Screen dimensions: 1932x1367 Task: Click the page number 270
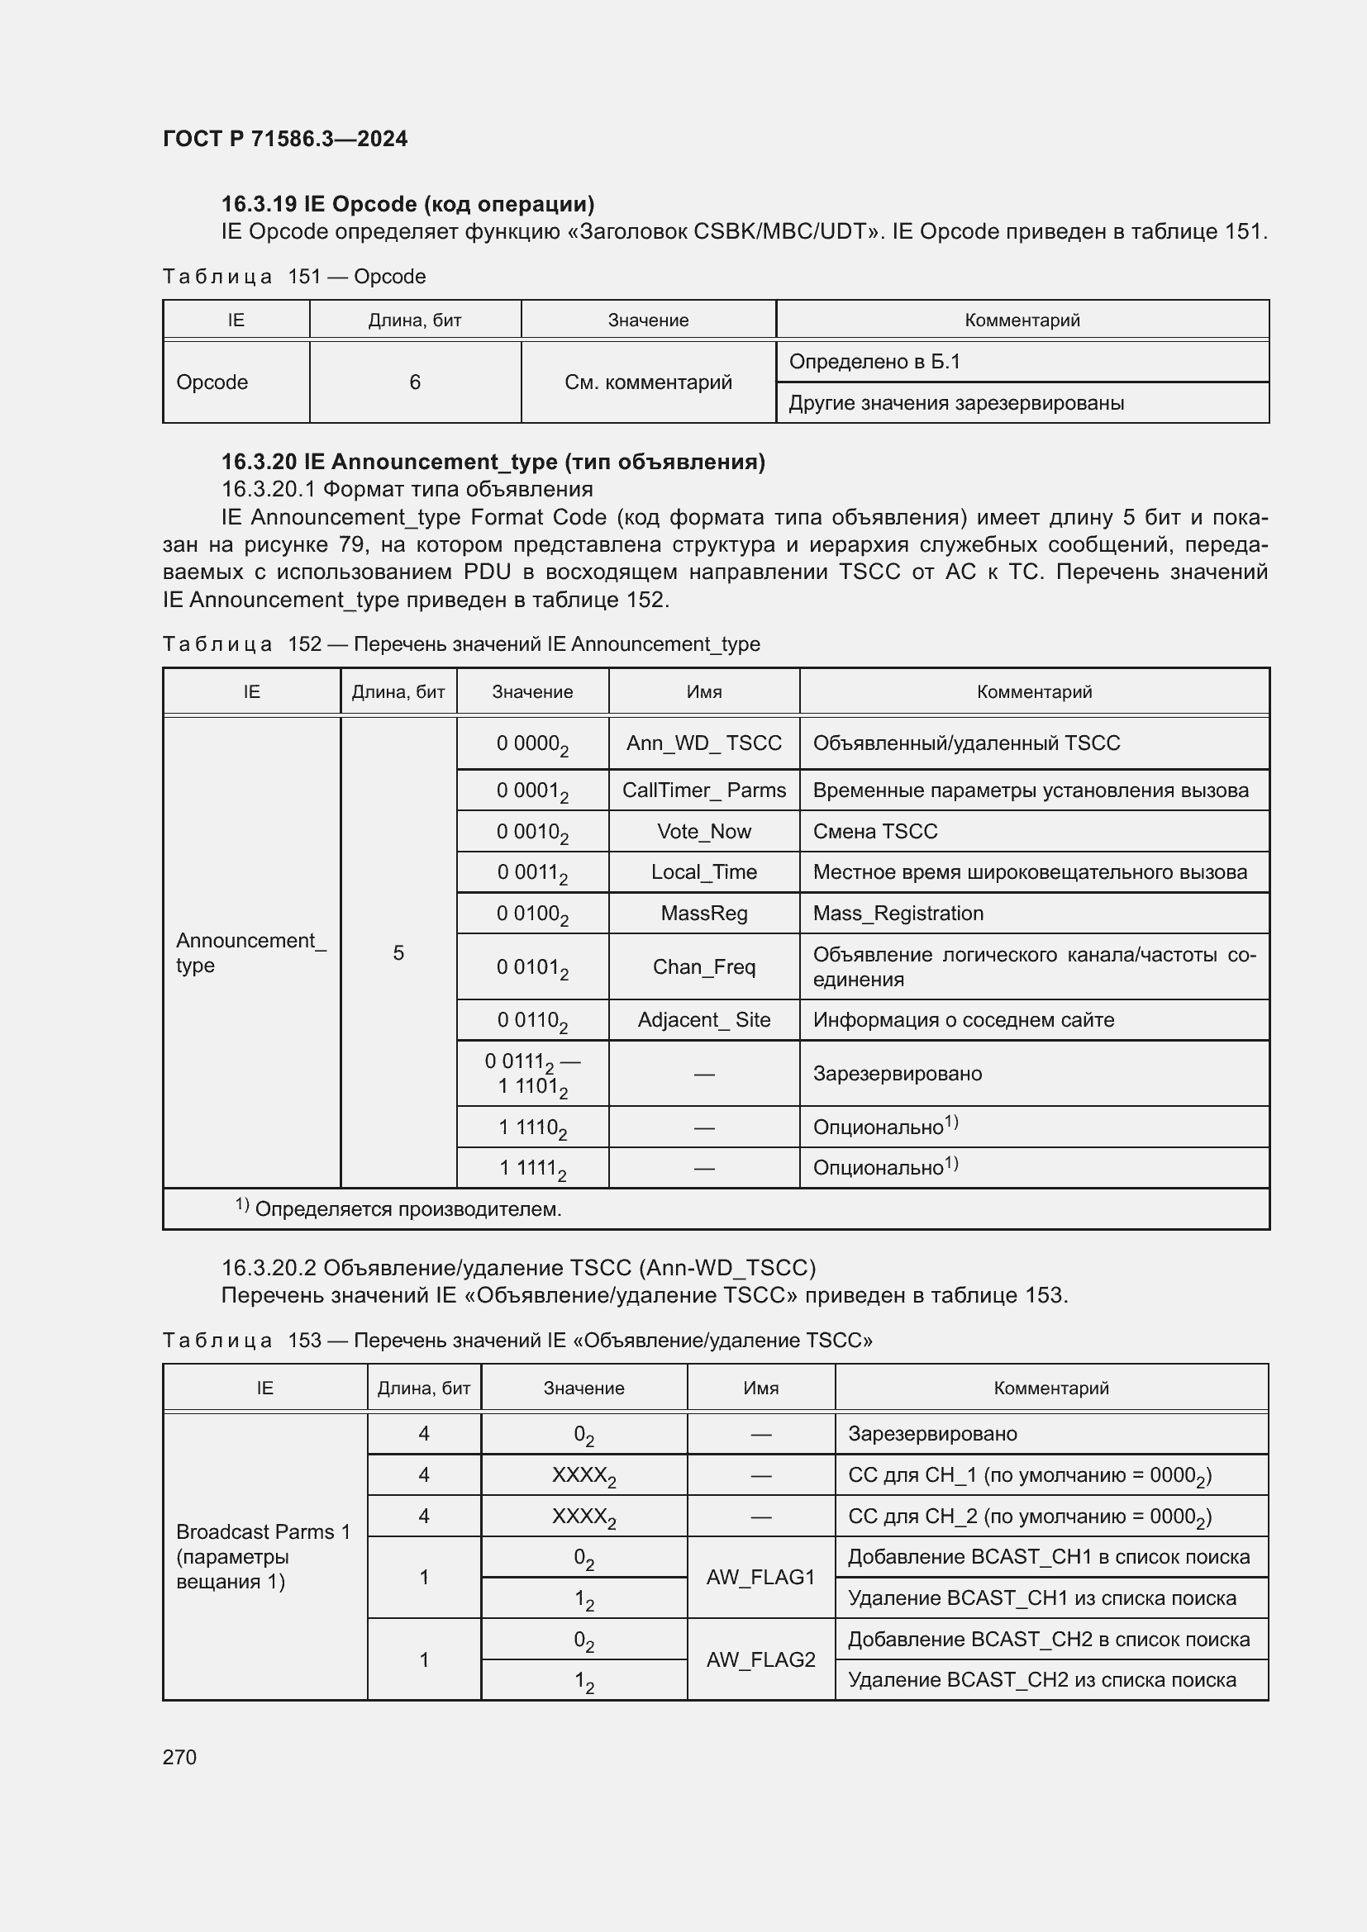[x=179, y=1757]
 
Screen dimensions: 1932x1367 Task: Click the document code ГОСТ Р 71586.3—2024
[x=284, y=139]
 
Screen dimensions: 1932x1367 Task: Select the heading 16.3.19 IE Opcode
[x=407, y=204]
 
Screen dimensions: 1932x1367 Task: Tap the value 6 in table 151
[x=415, y=382]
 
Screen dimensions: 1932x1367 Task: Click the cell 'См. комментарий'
[x=648, y=382]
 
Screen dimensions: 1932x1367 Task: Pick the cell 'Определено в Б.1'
[x=874, y=362]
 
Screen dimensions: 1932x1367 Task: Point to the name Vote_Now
[x=703, y=832]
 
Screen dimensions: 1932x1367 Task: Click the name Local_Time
[x=703, y=871]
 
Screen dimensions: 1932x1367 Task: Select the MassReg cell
[x=703, y=913]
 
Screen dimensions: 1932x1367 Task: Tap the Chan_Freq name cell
[x=703, y=967]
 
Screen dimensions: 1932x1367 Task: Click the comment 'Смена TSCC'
[x=874, y=832]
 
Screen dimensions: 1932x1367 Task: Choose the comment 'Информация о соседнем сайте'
[x=963, y=1020]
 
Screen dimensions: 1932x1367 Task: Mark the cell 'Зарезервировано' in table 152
[x=898, y=1074]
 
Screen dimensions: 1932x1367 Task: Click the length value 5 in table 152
[x=398, y=952]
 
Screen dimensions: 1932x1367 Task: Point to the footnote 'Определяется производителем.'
[x=407, y=1209]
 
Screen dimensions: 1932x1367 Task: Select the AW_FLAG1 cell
[x=760, y=1577]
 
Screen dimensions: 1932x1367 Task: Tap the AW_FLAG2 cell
[x=760, y=1659]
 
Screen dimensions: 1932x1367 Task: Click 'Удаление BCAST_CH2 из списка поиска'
[x=1042, y=1679]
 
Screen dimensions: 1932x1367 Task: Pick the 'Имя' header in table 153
[x=760, y=1388]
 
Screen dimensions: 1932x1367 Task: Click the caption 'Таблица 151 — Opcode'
[x=293, y=277]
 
